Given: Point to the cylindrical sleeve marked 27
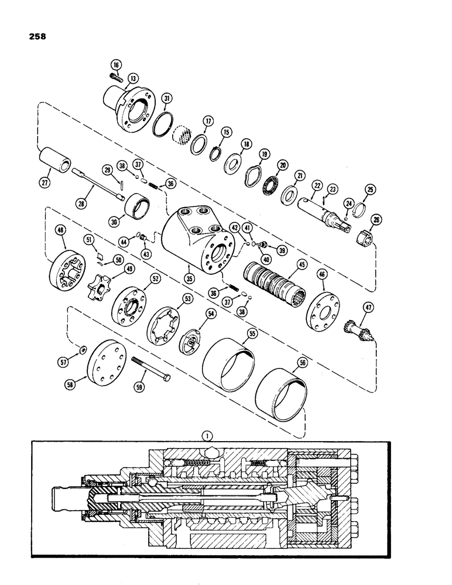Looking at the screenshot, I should click(54, 161).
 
